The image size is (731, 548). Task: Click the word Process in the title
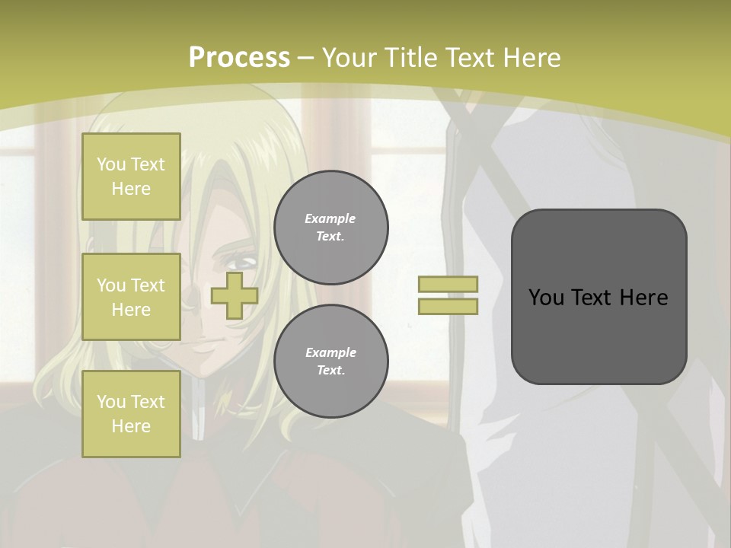tap(239, 58)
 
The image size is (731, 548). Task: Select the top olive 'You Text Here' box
tap(131, 177)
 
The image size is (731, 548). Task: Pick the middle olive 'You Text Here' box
tap(131, 297)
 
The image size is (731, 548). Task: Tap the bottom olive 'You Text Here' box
tap(131, 414)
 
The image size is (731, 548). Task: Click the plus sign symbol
tap(235, 295)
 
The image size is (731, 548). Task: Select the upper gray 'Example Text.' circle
tap(331, 228)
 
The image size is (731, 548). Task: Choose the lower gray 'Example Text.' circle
tap(331, 362)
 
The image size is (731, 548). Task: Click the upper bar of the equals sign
tap(448, 285)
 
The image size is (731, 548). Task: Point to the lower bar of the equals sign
tap(448, 307)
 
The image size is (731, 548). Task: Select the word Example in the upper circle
tap(330, 218)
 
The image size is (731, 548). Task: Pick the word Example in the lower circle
tap(330, 352)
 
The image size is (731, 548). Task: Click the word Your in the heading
tap(349, 58)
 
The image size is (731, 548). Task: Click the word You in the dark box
tap(546, 298)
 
